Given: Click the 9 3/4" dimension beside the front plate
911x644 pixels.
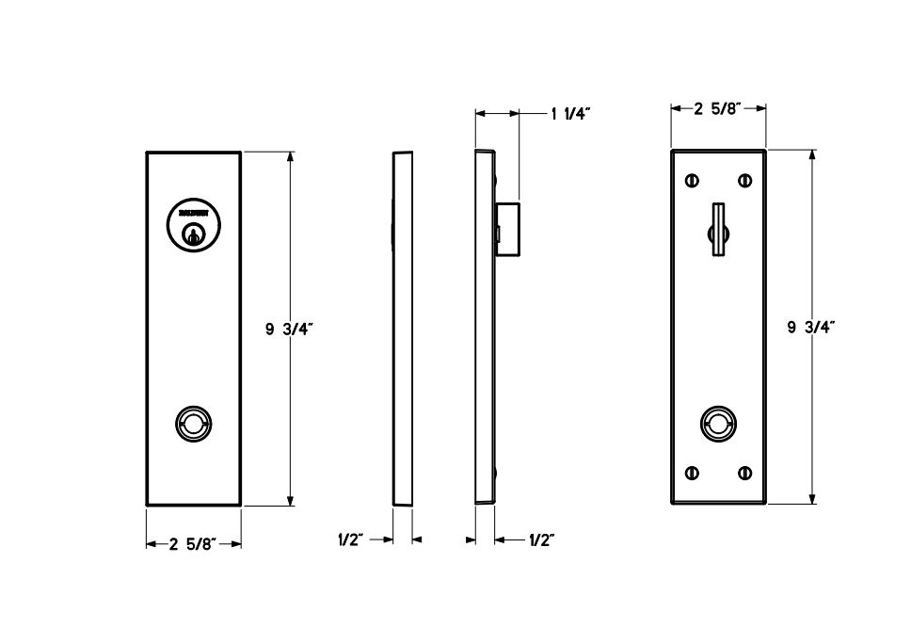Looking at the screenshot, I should [290, 329].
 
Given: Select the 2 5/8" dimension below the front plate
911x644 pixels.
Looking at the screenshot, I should [193, 542].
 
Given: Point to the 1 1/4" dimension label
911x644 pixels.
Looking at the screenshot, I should [569, 114].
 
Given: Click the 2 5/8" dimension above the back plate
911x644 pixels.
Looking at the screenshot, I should [718, 108].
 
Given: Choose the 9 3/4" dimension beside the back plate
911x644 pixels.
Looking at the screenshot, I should [811, 327].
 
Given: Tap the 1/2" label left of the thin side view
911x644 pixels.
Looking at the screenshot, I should [351, 539].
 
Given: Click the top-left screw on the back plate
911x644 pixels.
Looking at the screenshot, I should [694, 180].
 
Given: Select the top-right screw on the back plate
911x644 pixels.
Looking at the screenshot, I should [744, 180].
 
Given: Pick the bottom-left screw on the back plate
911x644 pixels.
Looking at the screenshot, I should [694, 473].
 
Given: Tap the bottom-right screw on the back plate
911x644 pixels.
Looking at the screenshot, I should [744, 473].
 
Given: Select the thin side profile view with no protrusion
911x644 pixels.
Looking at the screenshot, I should [402, 329].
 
